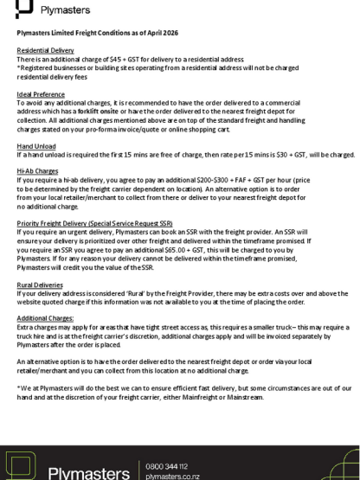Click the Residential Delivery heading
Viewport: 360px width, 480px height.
(x=42, y=50)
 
